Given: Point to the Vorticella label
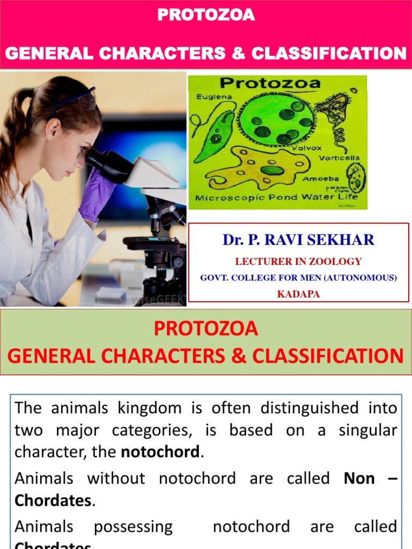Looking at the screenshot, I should [x=339, y=159].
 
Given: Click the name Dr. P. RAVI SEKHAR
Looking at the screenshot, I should [x=298, y=240].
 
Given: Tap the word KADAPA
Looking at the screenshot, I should [x=298, y=294].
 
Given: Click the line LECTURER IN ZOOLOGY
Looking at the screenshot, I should [x=298, y=262].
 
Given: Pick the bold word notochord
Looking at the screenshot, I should [x=160, y=452].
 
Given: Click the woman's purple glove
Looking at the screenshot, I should [x=95, y=193].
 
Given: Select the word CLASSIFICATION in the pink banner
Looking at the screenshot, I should [x=328, y=54].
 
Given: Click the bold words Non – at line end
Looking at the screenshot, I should [x=370, y=478].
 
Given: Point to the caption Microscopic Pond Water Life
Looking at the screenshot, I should [x=276, y=197].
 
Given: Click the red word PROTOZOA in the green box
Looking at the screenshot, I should [x=206, y=329].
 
